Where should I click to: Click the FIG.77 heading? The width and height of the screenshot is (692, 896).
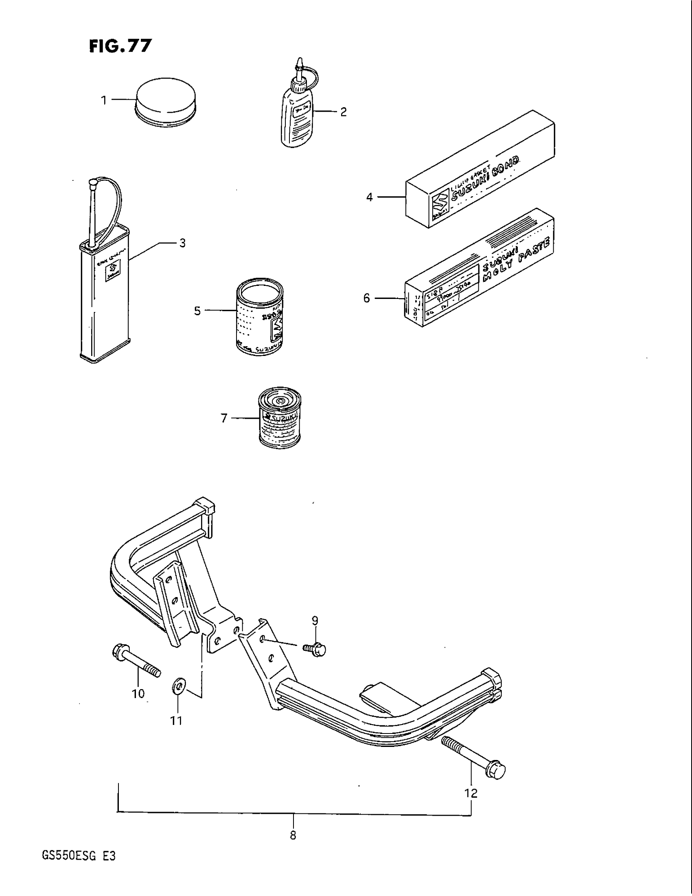(x=120, y=46)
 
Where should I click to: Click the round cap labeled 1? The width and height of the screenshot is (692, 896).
(x=166, y=102)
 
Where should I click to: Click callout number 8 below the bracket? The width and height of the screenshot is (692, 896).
(x=293, y=835)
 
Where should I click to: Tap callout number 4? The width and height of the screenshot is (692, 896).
(x=370, y=198)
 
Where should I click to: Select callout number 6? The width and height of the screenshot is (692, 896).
(x=367, y=298)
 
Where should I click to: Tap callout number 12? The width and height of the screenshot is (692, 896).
(x=471, y=793)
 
